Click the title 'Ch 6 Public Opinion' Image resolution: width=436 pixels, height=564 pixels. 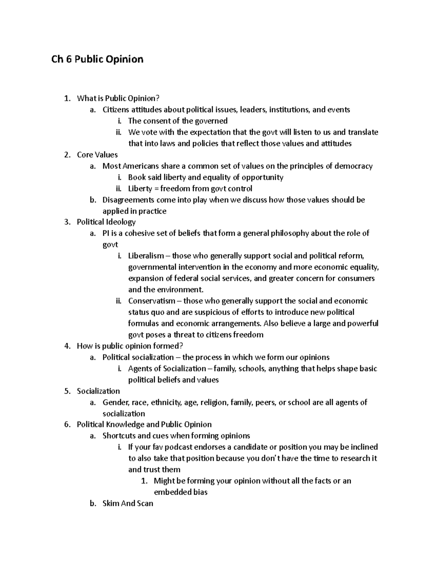pos(97,59)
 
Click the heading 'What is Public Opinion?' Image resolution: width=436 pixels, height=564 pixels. pos(118,98)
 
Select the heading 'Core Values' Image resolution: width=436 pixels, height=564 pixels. pos(97,155)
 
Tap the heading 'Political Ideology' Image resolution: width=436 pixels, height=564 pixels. pos(106,222)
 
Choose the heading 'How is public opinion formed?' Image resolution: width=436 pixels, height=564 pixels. pos(130,346)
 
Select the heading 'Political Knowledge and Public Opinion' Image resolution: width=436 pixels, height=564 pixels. pos(144,425)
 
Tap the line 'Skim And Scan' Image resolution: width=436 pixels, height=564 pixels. pos(128,504)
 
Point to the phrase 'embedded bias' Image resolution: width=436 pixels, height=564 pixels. pos(181,492)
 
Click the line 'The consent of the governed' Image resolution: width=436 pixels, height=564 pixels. pos(178,121)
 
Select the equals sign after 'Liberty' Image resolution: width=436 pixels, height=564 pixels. pos(155,189)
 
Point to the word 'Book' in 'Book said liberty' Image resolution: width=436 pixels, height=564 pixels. pos(137,178)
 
